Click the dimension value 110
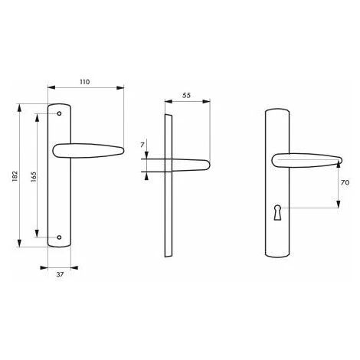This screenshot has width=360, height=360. [x=85, y=82]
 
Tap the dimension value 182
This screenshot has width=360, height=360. [x=15, y=176]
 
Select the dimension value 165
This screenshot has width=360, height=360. [x=34, y=177]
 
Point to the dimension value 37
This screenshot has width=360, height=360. [x=60, y=274]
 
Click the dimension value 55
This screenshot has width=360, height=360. [x=186, y=95]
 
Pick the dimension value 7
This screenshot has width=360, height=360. [x=142, y=145]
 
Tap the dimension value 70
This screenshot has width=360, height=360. [x=345, y=182]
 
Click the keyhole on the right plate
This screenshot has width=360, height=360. [x=277, y=212]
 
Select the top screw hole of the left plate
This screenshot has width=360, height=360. [x=59, y=113]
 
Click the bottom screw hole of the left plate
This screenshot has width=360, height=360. [x=59, y=237]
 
